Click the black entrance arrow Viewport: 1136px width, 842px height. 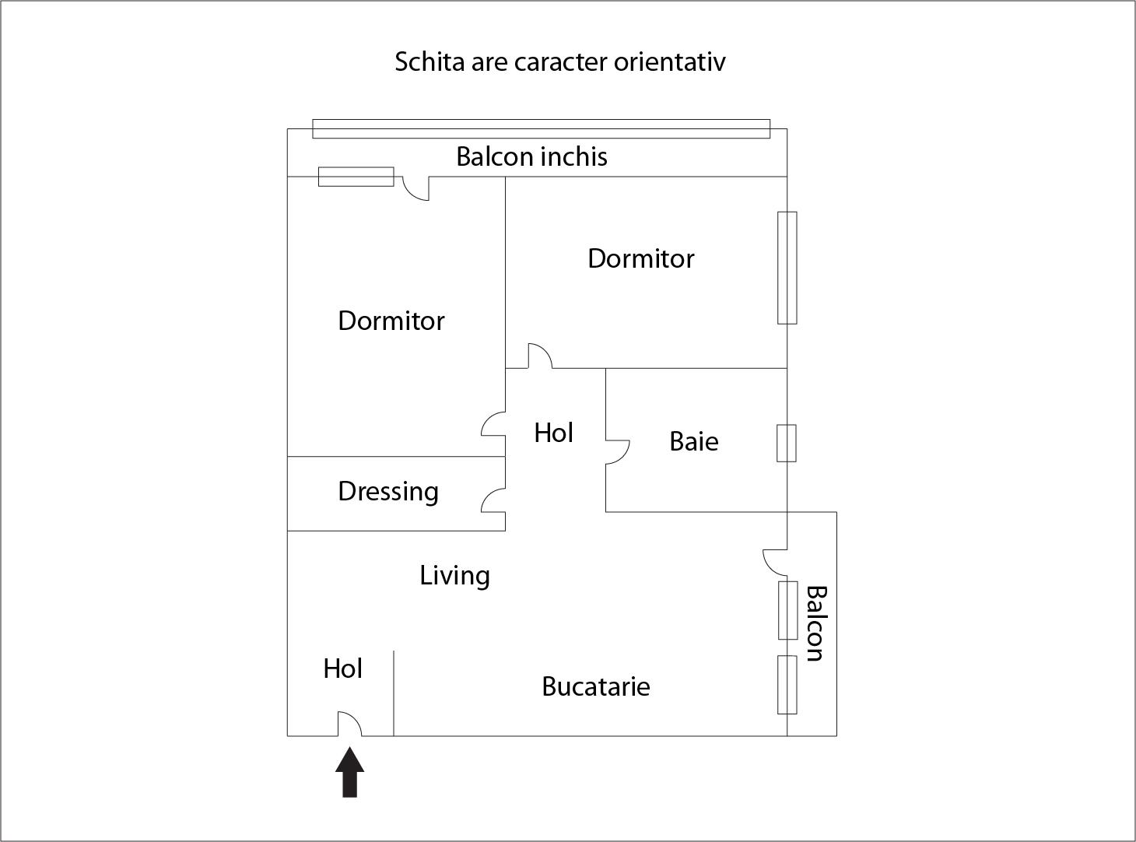pyautogui.click(x=350, y=772)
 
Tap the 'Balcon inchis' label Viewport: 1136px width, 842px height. pyautogui.click(x=531, y=157)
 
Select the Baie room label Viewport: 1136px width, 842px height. pyautogui.click(x=694, y=441)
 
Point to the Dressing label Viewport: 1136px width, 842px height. pyautogui.click(x=388, y=492)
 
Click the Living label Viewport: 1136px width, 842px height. pyautogui.click(x=455, y=576)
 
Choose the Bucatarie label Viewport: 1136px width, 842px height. pyautogui.click(x=596, y=686)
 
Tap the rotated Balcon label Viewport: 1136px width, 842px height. pyautogui.click(x=816, y=623)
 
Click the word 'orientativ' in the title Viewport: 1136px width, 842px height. pyautogui.click(x=669, y=62)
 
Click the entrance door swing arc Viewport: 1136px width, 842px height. pyautogui.click(x=350, y=724)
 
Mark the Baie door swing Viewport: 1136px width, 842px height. pyautogui.click(x=618, y=452)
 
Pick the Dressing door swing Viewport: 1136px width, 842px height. pyautogui.click(x=493, y=500)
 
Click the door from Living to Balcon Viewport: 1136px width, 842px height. pyautogui.click(x=775, y=562)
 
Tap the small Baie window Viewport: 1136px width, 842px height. pyautogui.click(x=787, y=444)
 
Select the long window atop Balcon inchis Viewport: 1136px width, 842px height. pyautogui.click(x=542, y=128)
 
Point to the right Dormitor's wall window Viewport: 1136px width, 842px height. pyautogui.click(x=787, y=268)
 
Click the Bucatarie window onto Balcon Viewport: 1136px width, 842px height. pyautogui.click(x=787, y=685)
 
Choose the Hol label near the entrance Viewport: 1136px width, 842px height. pyautogui.click(x=342, y=668)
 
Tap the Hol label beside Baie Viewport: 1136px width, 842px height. pyautogui.click(x=553, y=433)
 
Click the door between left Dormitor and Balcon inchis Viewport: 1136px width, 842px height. pyautogui.click(x=415, y=188)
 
